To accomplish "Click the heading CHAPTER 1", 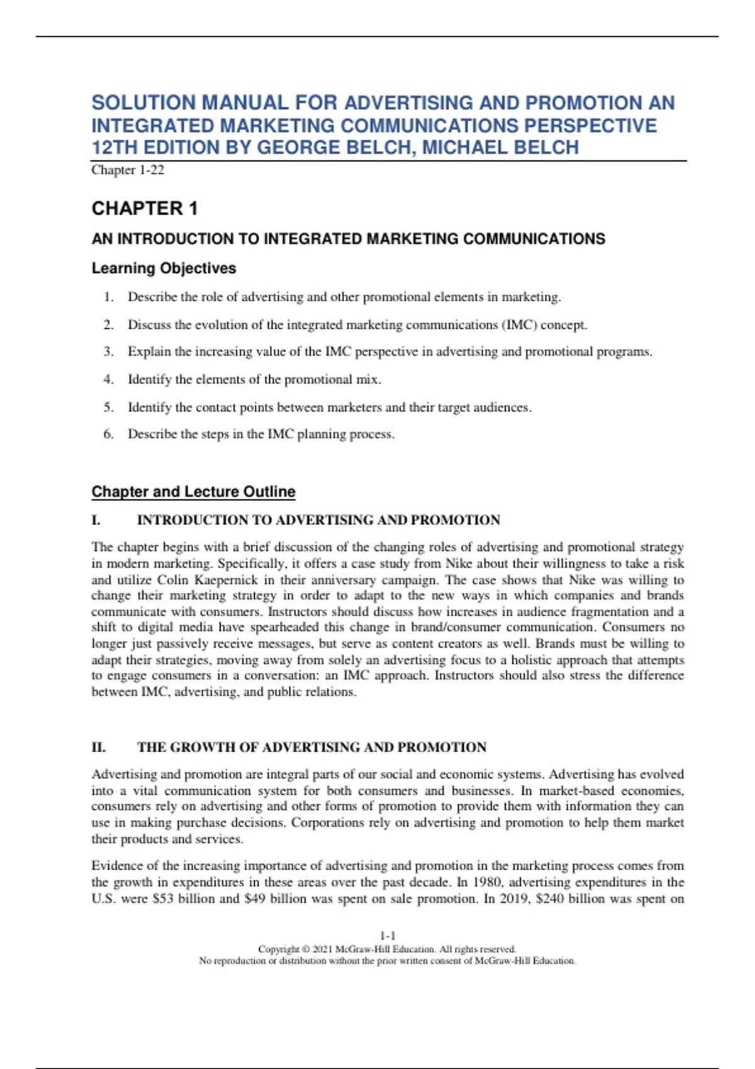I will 145,208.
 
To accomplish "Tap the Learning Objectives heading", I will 164,268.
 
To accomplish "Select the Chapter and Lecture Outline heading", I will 193,491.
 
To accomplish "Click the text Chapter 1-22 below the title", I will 128,170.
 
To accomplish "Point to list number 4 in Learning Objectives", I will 108,379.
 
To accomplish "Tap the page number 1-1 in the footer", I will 388,936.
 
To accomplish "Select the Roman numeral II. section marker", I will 99,747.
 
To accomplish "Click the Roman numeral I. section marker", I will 96,520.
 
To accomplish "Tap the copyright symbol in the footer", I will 306,949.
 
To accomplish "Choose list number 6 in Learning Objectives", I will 108,434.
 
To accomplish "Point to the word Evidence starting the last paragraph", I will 117,866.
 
